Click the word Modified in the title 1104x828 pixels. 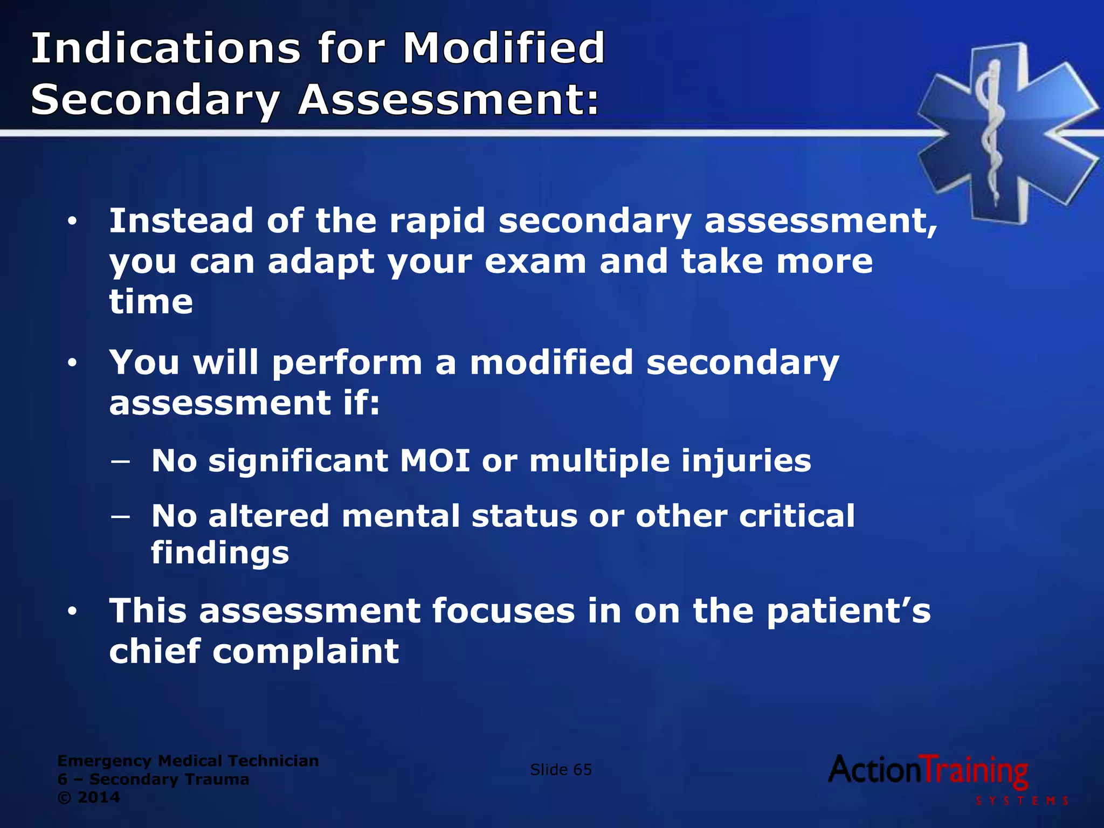pyautogui.click(x=504, y=49)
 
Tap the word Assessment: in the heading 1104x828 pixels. pyautogui.click(x=448, y=100)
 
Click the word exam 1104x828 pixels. pyautogui.click(x=535, y=262)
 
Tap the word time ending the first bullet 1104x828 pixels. pyautogui.click(x=151, y=302)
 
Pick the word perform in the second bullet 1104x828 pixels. pyautogui.click(x=347, y=362)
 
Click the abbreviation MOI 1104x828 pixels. pyautogui.click(x=434, y=461)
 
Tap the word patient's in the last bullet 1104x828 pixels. pyautogui.click(x=848, y=612)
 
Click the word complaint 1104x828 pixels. pyautogui.click(x=305, y=652)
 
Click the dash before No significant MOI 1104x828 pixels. pyautogui.click(x=120, y=461)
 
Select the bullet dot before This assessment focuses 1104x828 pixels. pyautogui.click(x=72, y=612)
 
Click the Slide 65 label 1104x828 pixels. pyautogui.click(x=561, y=770)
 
